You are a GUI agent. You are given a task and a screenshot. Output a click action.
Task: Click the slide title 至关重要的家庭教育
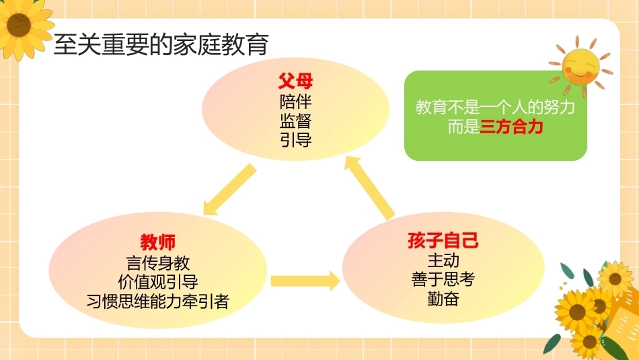point(161,44)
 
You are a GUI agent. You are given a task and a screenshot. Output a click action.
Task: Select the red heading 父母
point(295,81)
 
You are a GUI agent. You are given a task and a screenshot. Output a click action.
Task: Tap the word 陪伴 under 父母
point(295,102)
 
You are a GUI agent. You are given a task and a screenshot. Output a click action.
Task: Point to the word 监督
point(295,120)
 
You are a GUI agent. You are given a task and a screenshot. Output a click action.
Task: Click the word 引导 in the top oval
point(295,140)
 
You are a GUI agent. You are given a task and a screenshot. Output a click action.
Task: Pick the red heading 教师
point(157,242)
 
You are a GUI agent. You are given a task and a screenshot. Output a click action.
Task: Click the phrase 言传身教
point(157,263)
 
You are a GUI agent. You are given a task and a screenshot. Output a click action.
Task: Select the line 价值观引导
point(157,282)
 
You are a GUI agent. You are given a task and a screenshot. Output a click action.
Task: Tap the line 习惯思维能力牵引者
point(157,301)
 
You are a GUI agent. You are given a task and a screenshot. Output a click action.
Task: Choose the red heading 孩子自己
point(443,240)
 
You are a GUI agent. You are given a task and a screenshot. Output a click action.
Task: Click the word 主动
point(443,260)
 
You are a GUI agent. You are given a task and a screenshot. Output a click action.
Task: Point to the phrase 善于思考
point(443,279)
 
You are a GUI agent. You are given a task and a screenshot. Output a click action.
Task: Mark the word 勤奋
point(443,299)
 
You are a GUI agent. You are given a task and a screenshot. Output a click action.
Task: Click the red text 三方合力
point(511,127)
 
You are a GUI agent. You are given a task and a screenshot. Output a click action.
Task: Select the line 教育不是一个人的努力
point(495,107)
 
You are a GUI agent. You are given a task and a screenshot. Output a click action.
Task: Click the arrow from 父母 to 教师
point(229,190)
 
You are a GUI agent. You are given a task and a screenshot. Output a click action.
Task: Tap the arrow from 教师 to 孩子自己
point(305,281)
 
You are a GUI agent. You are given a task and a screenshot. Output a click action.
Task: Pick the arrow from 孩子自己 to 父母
point(370,187)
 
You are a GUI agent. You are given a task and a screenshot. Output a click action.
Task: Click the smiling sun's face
point(580,67)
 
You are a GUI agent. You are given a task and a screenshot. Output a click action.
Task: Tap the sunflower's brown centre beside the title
point(19,25)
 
